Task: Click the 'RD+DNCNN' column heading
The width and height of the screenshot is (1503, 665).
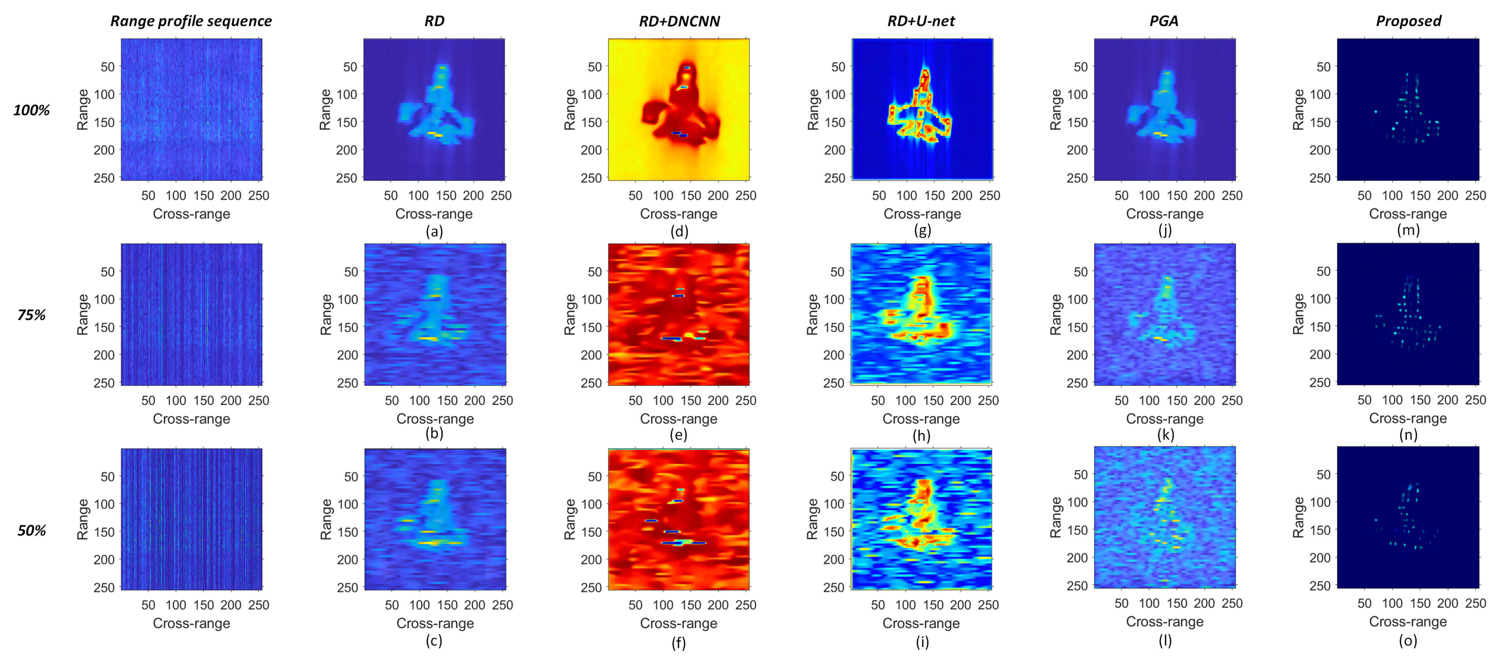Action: click(x=679, y=21)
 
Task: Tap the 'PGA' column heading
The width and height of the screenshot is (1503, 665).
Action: click(x=1164, y=21)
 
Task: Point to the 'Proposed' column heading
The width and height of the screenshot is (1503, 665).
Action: click(x=1408, y=21)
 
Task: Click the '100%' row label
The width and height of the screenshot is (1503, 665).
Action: click(x=31, y=110)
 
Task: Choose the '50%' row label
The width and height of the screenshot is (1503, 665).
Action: click(x=31, y=530)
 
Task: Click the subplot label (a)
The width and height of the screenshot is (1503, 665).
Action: click(x=434, y=231)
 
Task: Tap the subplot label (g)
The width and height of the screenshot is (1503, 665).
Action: click(x=922, y=230)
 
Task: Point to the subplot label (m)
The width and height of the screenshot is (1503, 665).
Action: click(x=1408, y=230)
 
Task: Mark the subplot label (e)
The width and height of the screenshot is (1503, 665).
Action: click(x=679, y=435)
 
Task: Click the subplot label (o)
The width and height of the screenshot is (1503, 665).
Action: click(x=1408, y=641)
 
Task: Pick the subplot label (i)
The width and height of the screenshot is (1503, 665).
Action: click(x=922, y=642)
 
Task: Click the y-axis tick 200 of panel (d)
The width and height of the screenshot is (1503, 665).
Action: click(x=591, y=150)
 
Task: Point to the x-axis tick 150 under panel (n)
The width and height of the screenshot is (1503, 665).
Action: click(x=1420, y=400)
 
